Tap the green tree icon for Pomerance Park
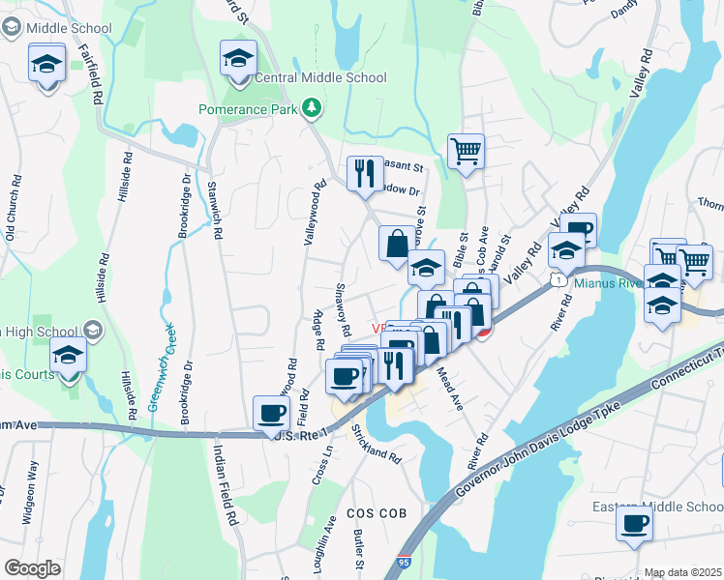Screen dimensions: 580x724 point(312,107)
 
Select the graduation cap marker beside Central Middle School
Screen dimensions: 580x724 point(238,60)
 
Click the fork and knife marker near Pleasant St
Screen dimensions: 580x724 point(364,174)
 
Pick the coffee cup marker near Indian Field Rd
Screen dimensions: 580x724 point(271,415)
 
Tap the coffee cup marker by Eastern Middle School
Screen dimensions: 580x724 point(634,523)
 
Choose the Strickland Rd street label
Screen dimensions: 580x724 point(377,443)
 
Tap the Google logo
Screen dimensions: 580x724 point(33,568)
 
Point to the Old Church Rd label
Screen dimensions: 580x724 point(13,208)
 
